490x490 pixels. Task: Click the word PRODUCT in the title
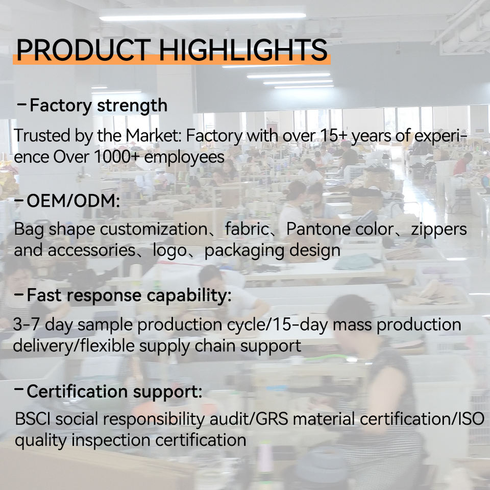coord(84,50)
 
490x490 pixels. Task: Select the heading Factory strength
coord(99,106)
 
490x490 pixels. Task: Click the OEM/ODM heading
coord(73,201)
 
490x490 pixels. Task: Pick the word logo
coord(169,251)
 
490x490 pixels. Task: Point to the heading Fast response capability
coord(129,296)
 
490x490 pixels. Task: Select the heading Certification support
coord(114,392)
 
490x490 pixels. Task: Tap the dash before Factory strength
coord(21,104)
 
